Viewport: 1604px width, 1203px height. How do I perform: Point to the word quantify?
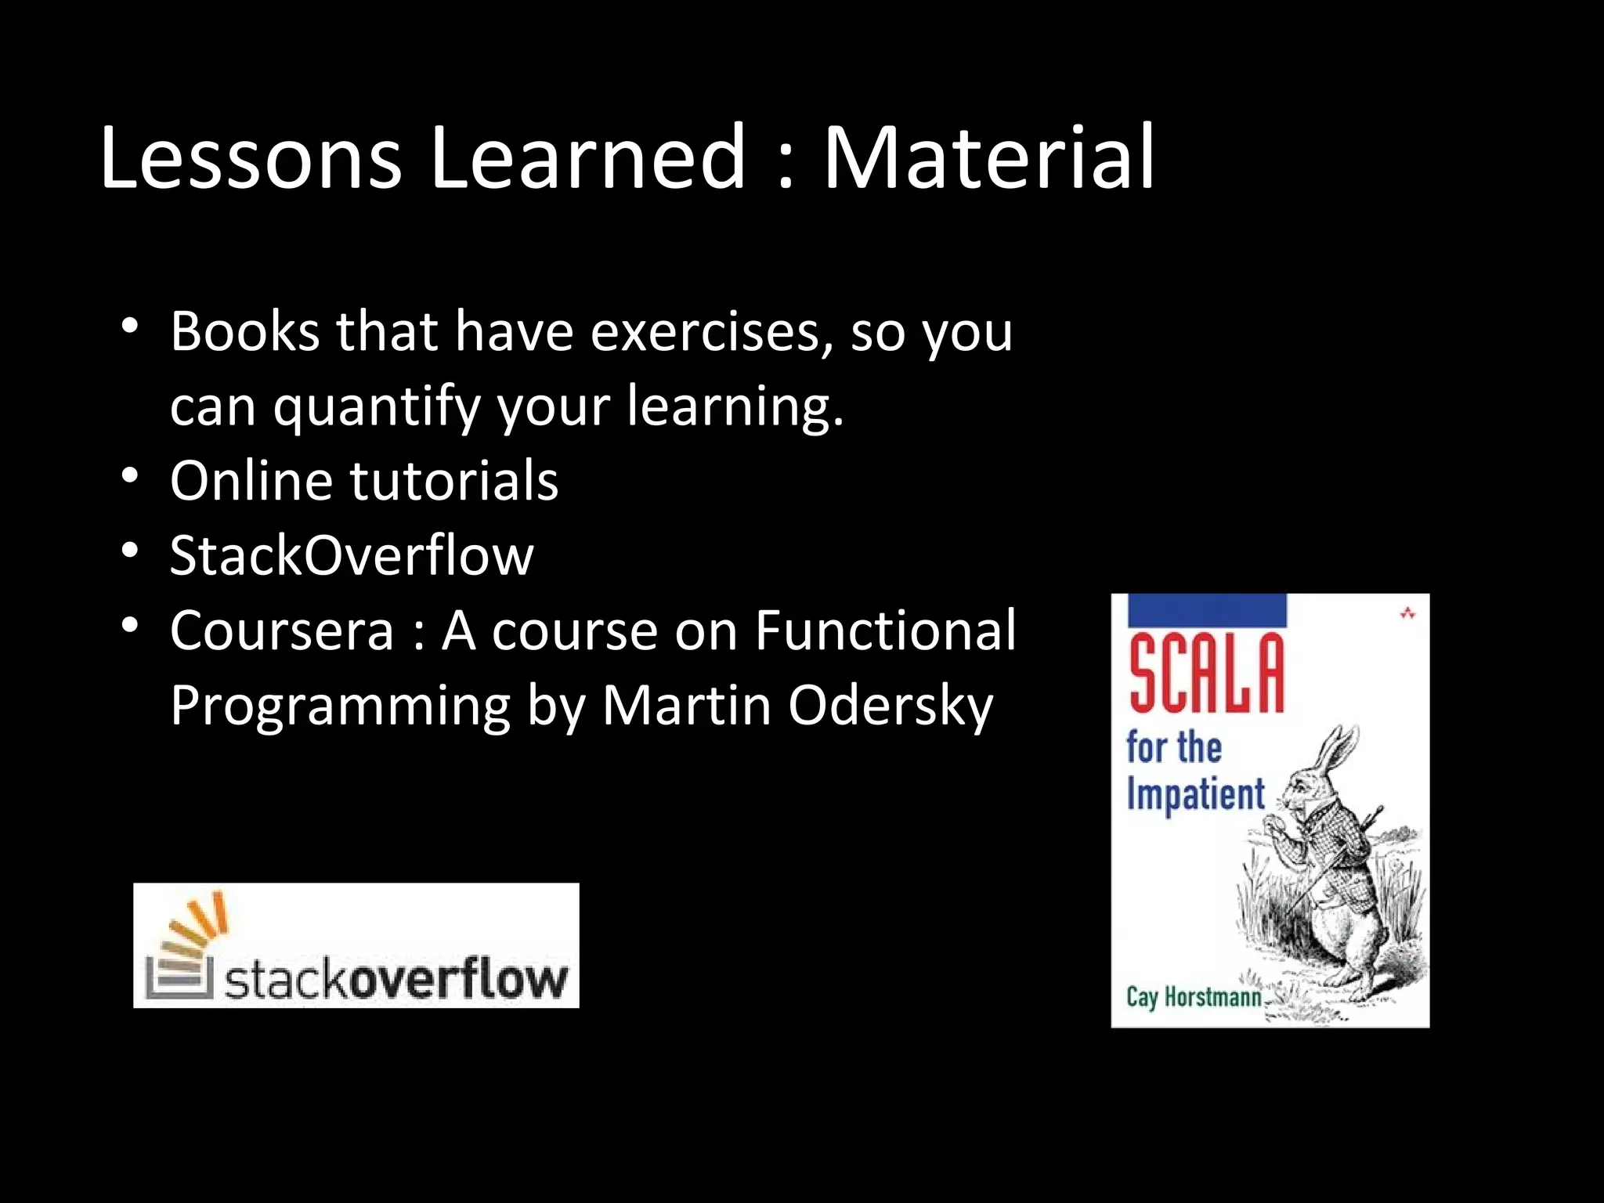coord(377,407)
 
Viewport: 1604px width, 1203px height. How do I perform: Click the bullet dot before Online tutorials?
coord(130,475)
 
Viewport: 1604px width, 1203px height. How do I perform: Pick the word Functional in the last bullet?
coord(885,631)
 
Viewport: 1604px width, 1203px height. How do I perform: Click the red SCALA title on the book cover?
coord(1206,674)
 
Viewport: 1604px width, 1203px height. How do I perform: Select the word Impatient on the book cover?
coord(1195,794)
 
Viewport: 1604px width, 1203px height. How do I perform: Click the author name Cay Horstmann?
coord(1194,997)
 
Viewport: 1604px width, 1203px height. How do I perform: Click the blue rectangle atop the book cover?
coord(1207,609)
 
